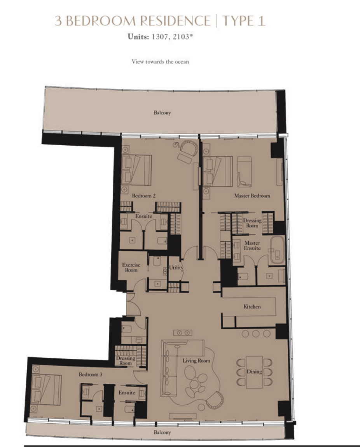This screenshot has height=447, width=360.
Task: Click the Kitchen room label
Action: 252,307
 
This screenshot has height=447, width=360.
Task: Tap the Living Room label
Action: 196,361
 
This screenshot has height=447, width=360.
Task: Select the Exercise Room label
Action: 131,268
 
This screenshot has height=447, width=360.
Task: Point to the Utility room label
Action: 176,268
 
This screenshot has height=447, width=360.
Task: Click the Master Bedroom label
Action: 252,196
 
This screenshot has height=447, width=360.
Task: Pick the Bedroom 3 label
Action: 91,374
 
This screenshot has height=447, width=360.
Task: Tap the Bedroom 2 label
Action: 143,196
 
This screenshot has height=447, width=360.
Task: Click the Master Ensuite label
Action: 252,245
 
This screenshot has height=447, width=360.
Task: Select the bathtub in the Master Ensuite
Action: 277,250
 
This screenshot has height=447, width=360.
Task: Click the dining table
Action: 254,372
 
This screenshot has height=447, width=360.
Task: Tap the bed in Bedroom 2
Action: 136,170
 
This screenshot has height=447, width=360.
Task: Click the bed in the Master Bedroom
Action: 218,171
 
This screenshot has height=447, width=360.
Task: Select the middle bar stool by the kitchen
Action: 256,333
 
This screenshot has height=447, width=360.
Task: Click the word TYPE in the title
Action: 238,21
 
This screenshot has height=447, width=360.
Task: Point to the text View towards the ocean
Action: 160,62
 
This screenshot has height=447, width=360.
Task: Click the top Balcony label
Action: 162,113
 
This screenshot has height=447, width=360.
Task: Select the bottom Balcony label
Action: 162,432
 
